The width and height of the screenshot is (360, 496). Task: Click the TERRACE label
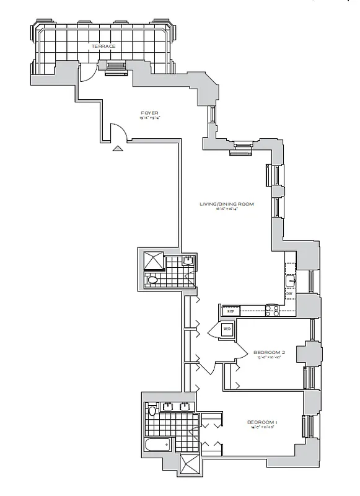(x=102, y=46)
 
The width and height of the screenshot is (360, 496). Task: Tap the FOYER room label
(x=149, y=113)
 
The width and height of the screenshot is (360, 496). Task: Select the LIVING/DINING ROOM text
(x=227, y=204)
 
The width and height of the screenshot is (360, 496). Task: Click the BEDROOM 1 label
(x=265, y=423)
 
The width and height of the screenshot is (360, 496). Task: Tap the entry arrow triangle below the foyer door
(x=117, y=148)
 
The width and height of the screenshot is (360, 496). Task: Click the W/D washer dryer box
(x=226, y=329)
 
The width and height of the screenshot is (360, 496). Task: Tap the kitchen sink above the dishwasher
(x=289, y=282)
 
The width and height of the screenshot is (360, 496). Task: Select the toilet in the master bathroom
(x=152, y=410)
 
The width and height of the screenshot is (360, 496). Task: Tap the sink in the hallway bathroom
(x=188, y=260)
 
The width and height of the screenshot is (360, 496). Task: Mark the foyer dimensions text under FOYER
(x=149, y=118)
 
